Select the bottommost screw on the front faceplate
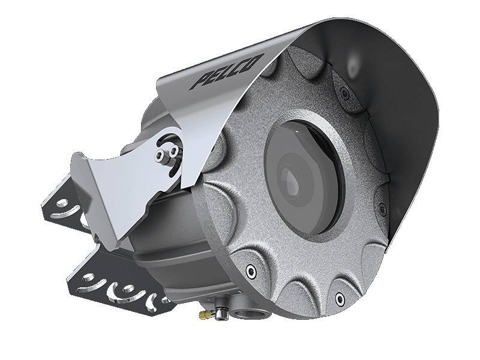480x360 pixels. tap(340, 298)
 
